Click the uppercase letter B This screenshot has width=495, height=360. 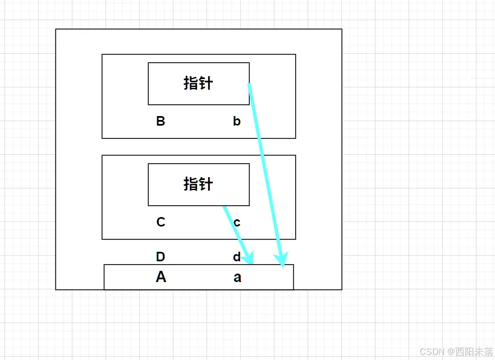(x=161, y=121)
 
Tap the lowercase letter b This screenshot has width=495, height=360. (x=237, y=121)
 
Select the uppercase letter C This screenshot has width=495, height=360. (x=161, y=222)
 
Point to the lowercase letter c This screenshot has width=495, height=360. (x=237, y=223)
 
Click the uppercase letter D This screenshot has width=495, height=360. (x=161, y=257)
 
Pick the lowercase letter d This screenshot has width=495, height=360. (x=237, y=257)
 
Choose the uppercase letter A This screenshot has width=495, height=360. (x=161, y=277)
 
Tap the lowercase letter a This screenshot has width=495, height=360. (x=237, y=277)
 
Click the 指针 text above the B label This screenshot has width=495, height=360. (x=198, y=83)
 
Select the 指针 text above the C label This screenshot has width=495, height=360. (x=198, y=184)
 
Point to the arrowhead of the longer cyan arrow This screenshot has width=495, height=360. (x=282, y=261)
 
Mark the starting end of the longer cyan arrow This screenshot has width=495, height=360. (x=249, y=85)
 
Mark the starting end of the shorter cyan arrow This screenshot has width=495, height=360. (x=224, y=207)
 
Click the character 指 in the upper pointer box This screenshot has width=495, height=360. (x=191, y=83)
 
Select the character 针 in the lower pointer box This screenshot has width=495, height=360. (x=206, y=184)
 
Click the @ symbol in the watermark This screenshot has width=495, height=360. (x=449, y=352)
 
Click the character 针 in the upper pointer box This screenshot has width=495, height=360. (x=206, y=83)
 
